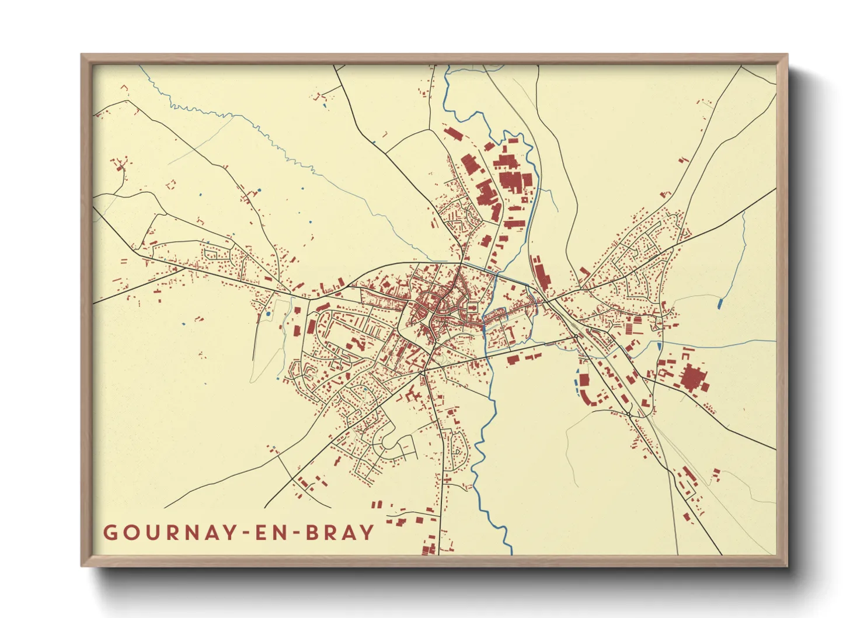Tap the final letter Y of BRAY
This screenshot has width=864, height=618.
point(367,533)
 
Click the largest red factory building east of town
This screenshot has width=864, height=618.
point(693,378)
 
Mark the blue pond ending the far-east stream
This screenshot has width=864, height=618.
point(720,303)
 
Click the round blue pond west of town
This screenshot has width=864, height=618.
point(268,314)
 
